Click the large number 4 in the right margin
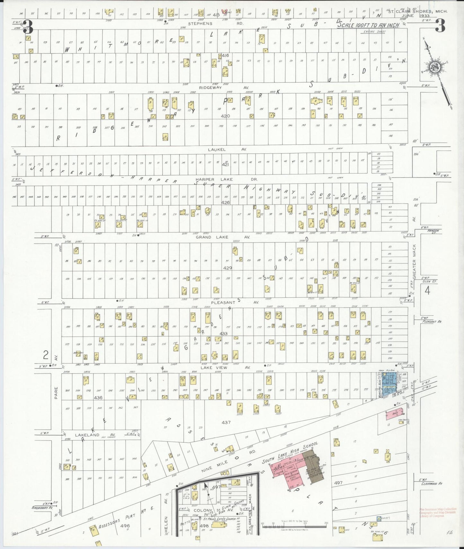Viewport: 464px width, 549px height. pos(427,291)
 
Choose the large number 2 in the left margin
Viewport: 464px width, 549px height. pos(46,355)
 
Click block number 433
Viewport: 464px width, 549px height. pos(223,334)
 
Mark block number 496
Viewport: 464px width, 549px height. pos(125,526)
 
